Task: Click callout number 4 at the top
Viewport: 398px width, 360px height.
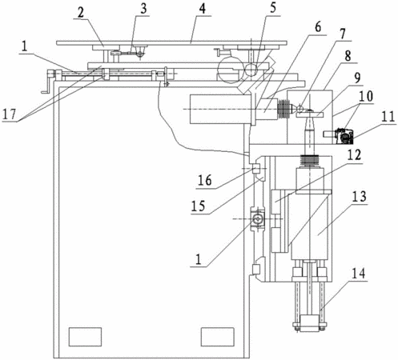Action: (x=203, y=9)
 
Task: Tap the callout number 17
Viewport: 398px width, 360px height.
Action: (x=10, y=114)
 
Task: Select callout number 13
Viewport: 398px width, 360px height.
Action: (x=359, y=197)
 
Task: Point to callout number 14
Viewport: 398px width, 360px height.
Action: (x=359, y=274)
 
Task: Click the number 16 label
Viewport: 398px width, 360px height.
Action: (x=205, y=181)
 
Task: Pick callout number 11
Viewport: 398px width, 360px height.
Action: (x=387, y=117)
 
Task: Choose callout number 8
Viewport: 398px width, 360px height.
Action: (x=348, y=55)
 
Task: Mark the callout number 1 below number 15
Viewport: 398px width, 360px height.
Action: (x=198, y=259)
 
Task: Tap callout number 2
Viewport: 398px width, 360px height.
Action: (x=80, y=13)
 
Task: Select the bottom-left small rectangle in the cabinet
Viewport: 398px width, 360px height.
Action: (x=86, y=337)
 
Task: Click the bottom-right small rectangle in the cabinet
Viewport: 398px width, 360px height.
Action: (x=218, y=337)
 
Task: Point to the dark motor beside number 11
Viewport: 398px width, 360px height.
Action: (x=344, y=136)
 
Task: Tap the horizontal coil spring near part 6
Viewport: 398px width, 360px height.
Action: (x=284, y=109)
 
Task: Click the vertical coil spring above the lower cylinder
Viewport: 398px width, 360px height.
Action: (x=310, y=161)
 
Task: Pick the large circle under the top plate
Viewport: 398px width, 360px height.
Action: (x=230, y=70)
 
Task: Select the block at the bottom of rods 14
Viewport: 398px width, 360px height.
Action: (x=310, y=323)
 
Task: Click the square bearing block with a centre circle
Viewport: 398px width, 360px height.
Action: (x=257, y=218)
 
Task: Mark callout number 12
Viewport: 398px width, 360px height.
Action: (x=354, y=155)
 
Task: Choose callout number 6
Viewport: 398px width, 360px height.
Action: (x=318, y=27)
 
